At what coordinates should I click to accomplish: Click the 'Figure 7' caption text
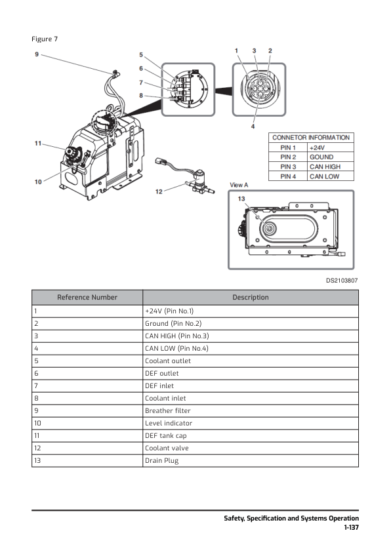[45, 39]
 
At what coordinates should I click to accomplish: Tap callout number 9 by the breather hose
[37, 54]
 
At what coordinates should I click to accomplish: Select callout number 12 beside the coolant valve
[159, 191]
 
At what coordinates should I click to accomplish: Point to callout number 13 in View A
[241, 199]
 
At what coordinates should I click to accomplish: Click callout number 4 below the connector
[253, 127]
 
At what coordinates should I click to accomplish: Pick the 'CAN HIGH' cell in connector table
[325, 167]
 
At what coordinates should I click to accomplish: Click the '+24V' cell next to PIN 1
[317, 148]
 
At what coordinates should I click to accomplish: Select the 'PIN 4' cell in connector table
[288, 176]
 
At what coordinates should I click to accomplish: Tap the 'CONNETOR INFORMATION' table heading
[311, 138]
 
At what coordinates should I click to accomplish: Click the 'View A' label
[239, 185]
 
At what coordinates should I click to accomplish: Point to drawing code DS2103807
[342, 281]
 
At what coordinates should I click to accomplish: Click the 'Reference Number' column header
[87, 298]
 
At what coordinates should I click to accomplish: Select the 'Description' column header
[251, 298]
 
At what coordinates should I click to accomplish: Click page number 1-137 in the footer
[351, 527]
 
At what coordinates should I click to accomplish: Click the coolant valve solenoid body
[201, 177]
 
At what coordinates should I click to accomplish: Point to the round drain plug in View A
[270, 229]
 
